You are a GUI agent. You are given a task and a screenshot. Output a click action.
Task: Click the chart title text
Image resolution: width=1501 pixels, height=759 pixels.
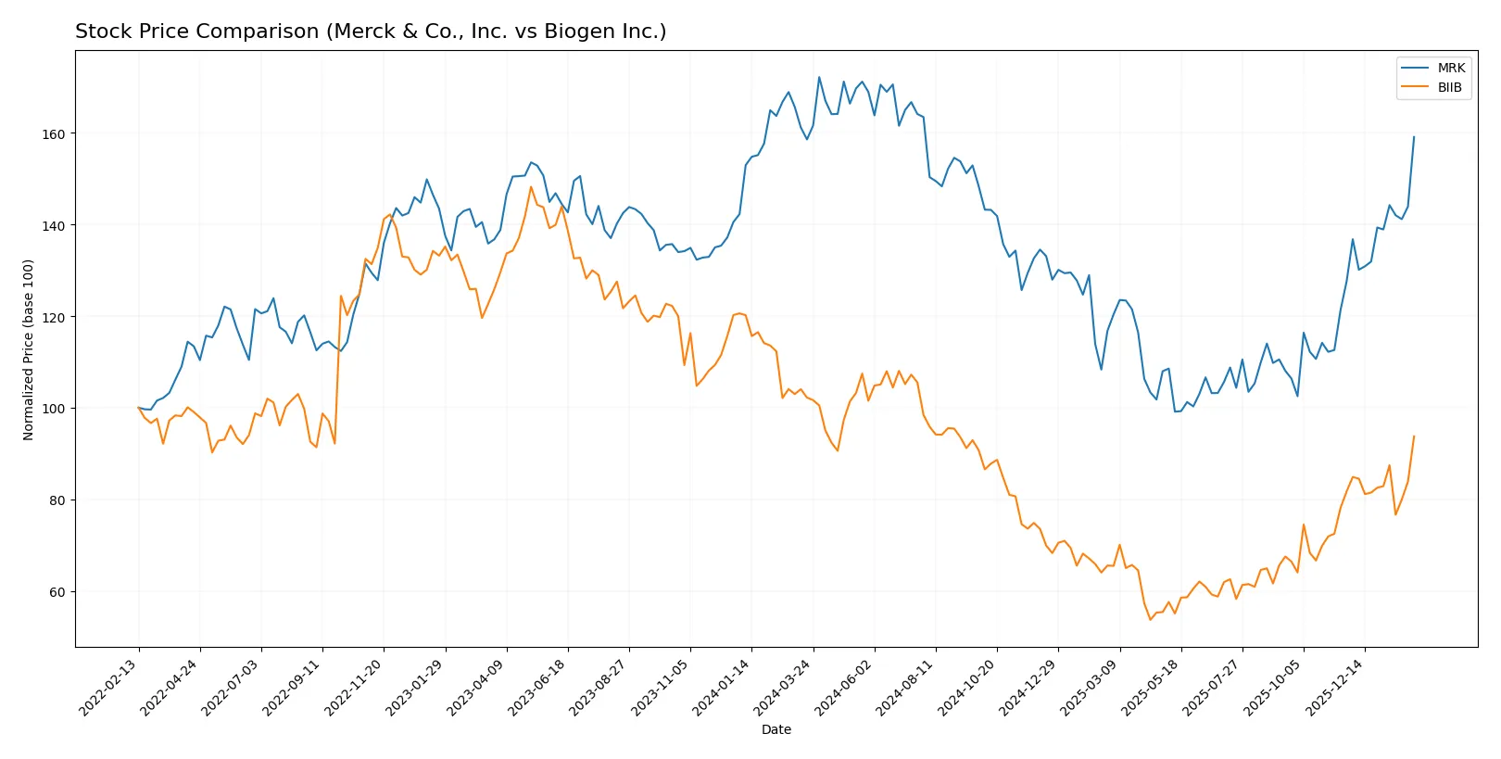(371, 32)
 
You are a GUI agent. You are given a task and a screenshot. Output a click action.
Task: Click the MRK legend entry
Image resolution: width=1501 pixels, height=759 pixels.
(1450, 68)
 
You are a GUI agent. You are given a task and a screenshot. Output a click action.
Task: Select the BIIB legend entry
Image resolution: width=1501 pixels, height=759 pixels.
(1449, 87)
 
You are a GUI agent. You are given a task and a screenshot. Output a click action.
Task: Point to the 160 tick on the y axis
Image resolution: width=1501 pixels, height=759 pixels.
(54, 134)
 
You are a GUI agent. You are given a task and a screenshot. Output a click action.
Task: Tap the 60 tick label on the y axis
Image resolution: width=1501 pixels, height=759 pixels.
(57, 592)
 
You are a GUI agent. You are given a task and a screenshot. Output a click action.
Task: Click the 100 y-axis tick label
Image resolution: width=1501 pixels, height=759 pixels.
(54, 409)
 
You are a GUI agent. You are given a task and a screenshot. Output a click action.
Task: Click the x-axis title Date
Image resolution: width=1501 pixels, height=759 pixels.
(776, 730)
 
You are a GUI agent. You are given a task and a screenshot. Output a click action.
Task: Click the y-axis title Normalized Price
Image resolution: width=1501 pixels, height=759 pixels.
(29, 349)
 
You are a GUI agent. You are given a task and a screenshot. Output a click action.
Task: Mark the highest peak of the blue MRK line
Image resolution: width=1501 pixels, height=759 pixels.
(819, 78)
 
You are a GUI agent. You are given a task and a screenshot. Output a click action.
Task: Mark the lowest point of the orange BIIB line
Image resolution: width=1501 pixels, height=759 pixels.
(1150, 619)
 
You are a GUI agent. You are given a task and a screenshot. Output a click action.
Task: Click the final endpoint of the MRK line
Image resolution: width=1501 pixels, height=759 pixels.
(1414, 137)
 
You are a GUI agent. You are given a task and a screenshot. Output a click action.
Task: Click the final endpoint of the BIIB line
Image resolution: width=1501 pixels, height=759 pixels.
(1414, 436)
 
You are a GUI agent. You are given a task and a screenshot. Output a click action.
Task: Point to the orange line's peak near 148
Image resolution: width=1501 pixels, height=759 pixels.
(531, 187)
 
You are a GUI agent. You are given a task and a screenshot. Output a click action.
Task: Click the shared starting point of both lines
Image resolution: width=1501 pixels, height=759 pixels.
(139, 408)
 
